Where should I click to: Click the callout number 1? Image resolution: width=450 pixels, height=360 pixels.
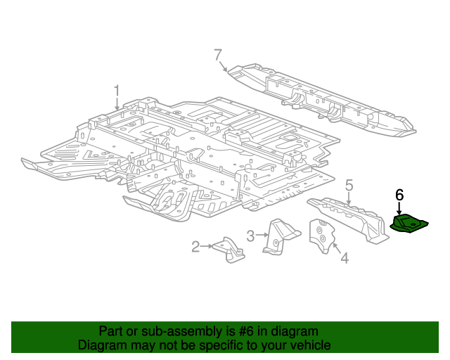(x=117, y=90)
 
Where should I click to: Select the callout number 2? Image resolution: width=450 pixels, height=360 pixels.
(x=196, y=246)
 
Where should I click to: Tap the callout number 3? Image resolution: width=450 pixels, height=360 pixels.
(x=250, y=235)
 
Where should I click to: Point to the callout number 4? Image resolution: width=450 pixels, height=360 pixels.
(x=344, y=259)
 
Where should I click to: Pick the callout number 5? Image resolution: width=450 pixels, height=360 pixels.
(x=348, y=186)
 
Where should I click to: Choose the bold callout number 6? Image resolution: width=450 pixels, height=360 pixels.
(x=399, y=195)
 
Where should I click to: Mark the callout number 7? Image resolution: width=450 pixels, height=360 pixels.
(x=218, y=55)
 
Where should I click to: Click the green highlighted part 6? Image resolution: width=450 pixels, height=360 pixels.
(x=409, y=223)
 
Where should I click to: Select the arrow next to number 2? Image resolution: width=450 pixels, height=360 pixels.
(x=210, y=246)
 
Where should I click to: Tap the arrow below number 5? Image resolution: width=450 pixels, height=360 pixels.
(x=348, y=200)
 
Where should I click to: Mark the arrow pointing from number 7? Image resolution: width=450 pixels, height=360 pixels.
(x=224, y=67)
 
